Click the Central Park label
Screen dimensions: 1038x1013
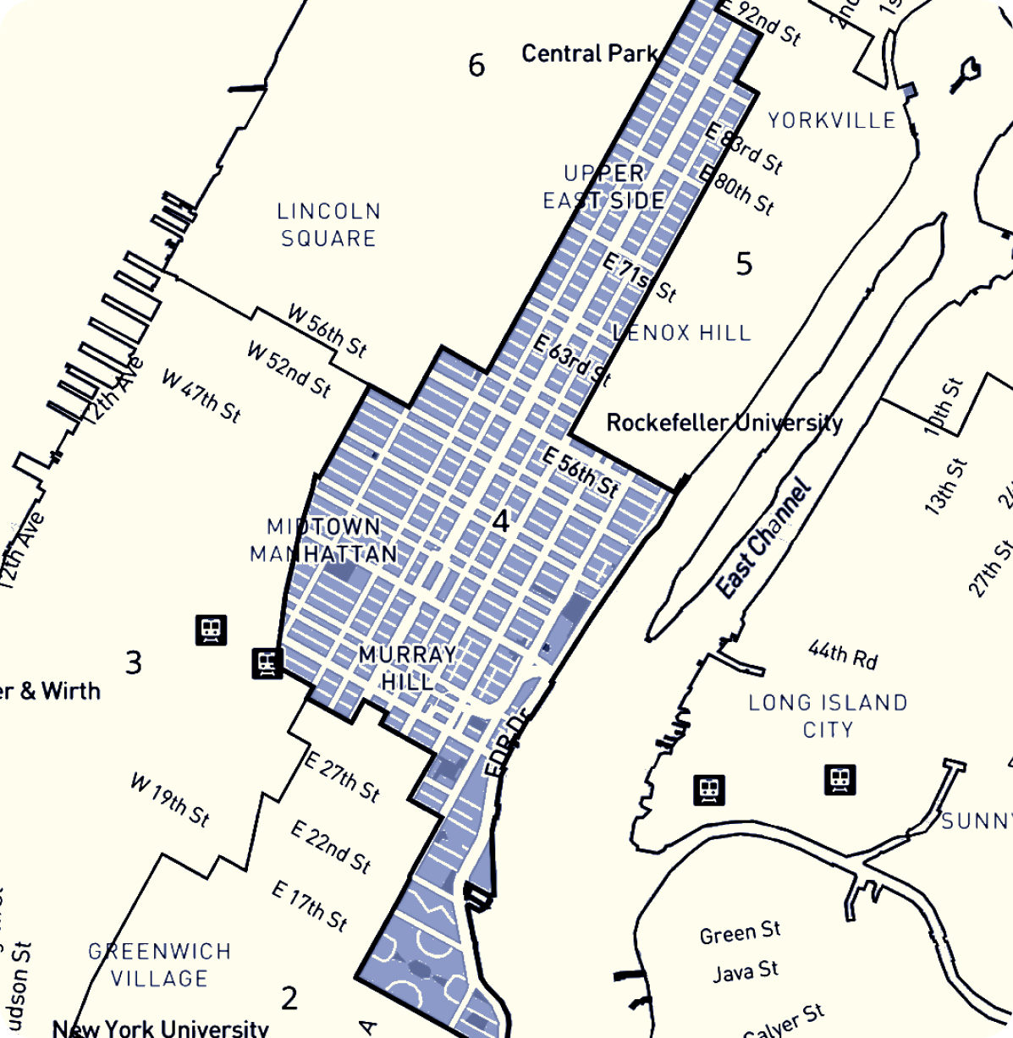(x=589, y=54)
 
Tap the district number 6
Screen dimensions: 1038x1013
(x=476, y=65)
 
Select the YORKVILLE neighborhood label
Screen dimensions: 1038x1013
(x=832, y=120)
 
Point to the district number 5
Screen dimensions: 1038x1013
(x=744, y=264)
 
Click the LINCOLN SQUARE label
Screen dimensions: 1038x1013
(x=328, y=224)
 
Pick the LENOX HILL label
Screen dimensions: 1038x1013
(x=682, y=332)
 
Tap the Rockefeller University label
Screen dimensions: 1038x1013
(x=724, y=422)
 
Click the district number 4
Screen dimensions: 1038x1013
(x=501, y=522)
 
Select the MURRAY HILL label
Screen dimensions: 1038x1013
(x=407, y=667)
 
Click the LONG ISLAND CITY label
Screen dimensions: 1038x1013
(x=828, y=716)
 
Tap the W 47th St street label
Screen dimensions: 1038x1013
(x=201, y=395)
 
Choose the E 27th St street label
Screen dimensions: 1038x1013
(x=342, y=777)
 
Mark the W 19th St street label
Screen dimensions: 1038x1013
(x=169, y=799)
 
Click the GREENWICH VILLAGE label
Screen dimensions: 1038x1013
(x=160, y=964)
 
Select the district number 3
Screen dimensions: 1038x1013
(x=134, y=662)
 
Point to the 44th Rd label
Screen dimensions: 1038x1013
(x=843, y=655)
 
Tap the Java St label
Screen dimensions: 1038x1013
(x=745, y=971)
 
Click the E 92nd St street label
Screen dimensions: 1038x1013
(x=758, y=22)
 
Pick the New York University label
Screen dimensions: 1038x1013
(x=160, y=1028)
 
